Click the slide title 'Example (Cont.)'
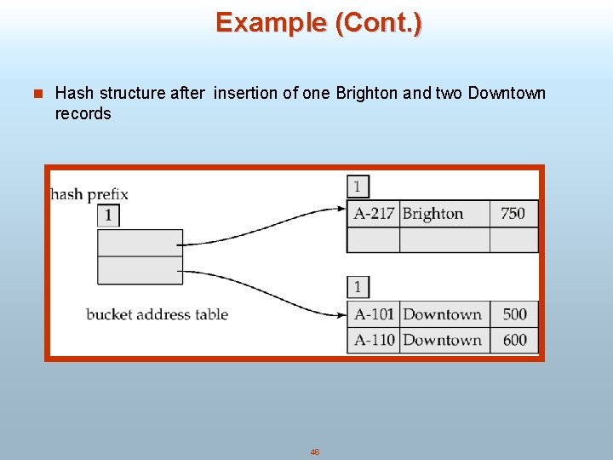tap(318, 22)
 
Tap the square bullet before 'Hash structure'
tap(35, 94)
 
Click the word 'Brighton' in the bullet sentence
tap(363, 93)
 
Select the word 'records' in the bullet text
tap(83, 113)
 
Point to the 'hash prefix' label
tap(89, 194)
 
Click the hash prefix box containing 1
tap(108, 216)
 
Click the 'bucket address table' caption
tap(157, 314)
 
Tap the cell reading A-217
tap(374, 214)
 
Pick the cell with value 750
tap(513, 214)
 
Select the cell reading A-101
tap(374, 314)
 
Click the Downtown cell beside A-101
tap(443, 314)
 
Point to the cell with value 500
tap(514, 314)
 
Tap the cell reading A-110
tap(374, 340)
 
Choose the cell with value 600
tap(514, 340)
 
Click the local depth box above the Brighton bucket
tap(358, 187)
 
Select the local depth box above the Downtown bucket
tap(358, 287)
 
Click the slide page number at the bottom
tap(314, 452)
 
